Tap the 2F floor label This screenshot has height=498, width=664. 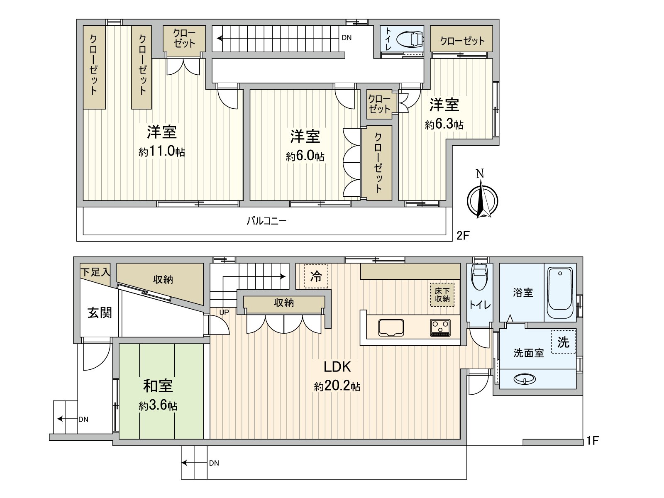463,236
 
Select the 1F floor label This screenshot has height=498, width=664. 592,441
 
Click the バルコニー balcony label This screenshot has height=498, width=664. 266,221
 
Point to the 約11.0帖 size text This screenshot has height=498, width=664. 162,151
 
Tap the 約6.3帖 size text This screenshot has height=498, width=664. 444,124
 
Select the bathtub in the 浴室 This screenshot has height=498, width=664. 560,293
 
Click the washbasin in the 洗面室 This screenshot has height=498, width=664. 525,379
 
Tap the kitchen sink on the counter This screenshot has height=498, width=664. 391,327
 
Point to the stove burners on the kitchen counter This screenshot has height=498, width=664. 440,327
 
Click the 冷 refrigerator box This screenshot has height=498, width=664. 316,276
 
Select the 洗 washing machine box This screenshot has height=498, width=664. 563,342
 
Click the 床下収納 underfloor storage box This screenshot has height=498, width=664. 442,295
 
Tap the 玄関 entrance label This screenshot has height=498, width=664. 100,312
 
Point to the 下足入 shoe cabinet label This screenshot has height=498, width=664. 95,272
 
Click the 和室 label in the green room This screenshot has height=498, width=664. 158,386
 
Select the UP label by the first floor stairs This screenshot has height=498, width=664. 224,312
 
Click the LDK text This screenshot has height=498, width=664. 337,367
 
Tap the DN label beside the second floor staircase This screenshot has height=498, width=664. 347,38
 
